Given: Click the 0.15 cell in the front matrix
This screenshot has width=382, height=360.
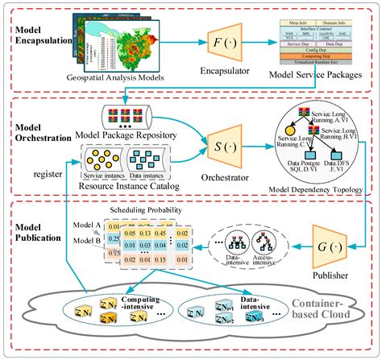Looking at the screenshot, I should [142, 244].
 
